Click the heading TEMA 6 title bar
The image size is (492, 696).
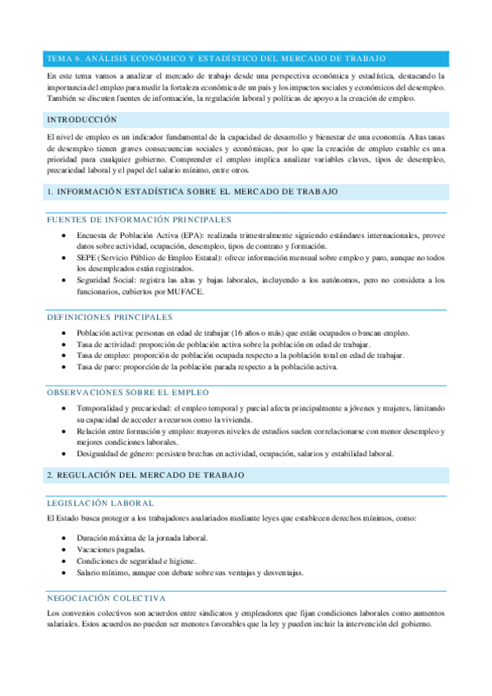coord(218,58)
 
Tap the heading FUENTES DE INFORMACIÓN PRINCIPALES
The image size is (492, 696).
coord(139,219)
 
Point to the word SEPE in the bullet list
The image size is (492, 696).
coord(88,258)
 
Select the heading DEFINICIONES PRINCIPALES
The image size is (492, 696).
coord(110,317)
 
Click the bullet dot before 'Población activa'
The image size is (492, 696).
coord(65,332)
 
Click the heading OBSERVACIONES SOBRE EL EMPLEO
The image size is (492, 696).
coord(128,393)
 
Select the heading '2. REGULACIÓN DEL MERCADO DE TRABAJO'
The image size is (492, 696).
coord(146,476)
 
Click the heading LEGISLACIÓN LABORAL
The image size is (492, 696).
coord(100,502)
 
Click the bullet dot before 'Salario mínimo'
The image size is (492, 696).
coord(65,572)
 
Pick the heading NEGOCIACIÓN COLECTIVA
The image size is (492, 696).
coord(107,598)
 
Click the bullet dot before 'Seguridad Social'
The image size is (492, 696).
coord(65,280)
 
